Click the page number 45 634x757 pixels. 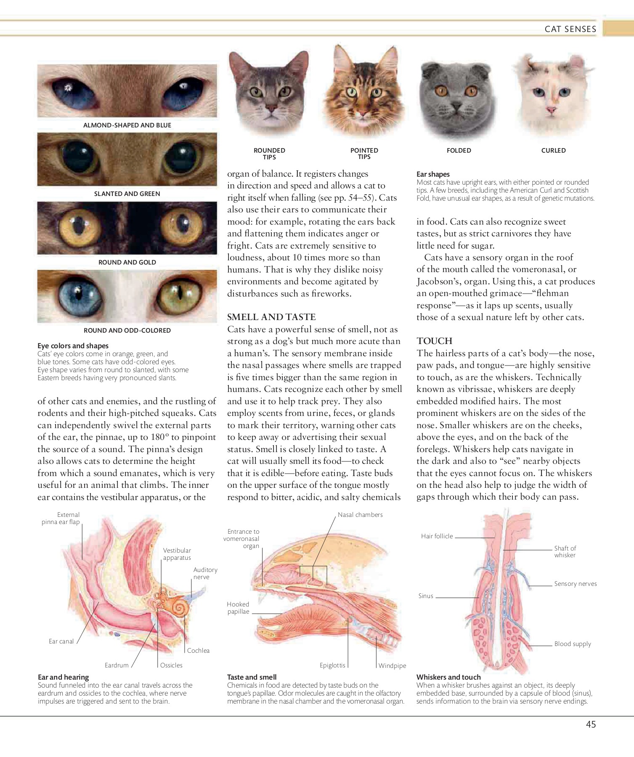(x=591, y=724)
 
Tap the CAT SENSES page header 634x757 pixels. (x=570, y=29)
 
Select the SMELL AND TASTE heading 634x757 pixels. (x=271, y=317)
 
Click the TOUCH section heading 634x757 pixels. (x=434, y=341)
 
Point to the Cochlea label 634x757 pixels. (x=198, y=650)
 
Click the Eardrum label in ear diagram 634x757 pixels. (x=117, y=665)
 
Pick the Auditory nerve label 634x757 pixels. (x=205, y=573)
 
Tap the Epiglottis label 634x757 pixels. (x=332, y=665)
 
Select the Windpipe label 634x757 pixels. (x=392, y=665)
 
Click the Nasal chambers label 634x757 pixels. (x=360, y=515)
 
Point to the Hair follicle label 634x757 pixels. (x=437, y=536)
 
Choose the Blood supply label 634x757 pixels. (x=572, y=644)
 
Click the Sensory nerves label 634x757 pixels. (x=575, y=584)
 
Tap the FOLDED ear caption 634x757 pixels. (x=459, y=151)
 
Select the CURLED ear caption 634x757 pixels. (x=553, y=151)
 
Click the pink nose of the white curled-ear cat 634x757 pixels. (x=550, y=110)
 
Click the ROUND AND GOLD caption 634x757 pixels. (x=127, y=262)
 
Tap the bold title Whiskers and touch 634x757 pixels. (x=448, y=677)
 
